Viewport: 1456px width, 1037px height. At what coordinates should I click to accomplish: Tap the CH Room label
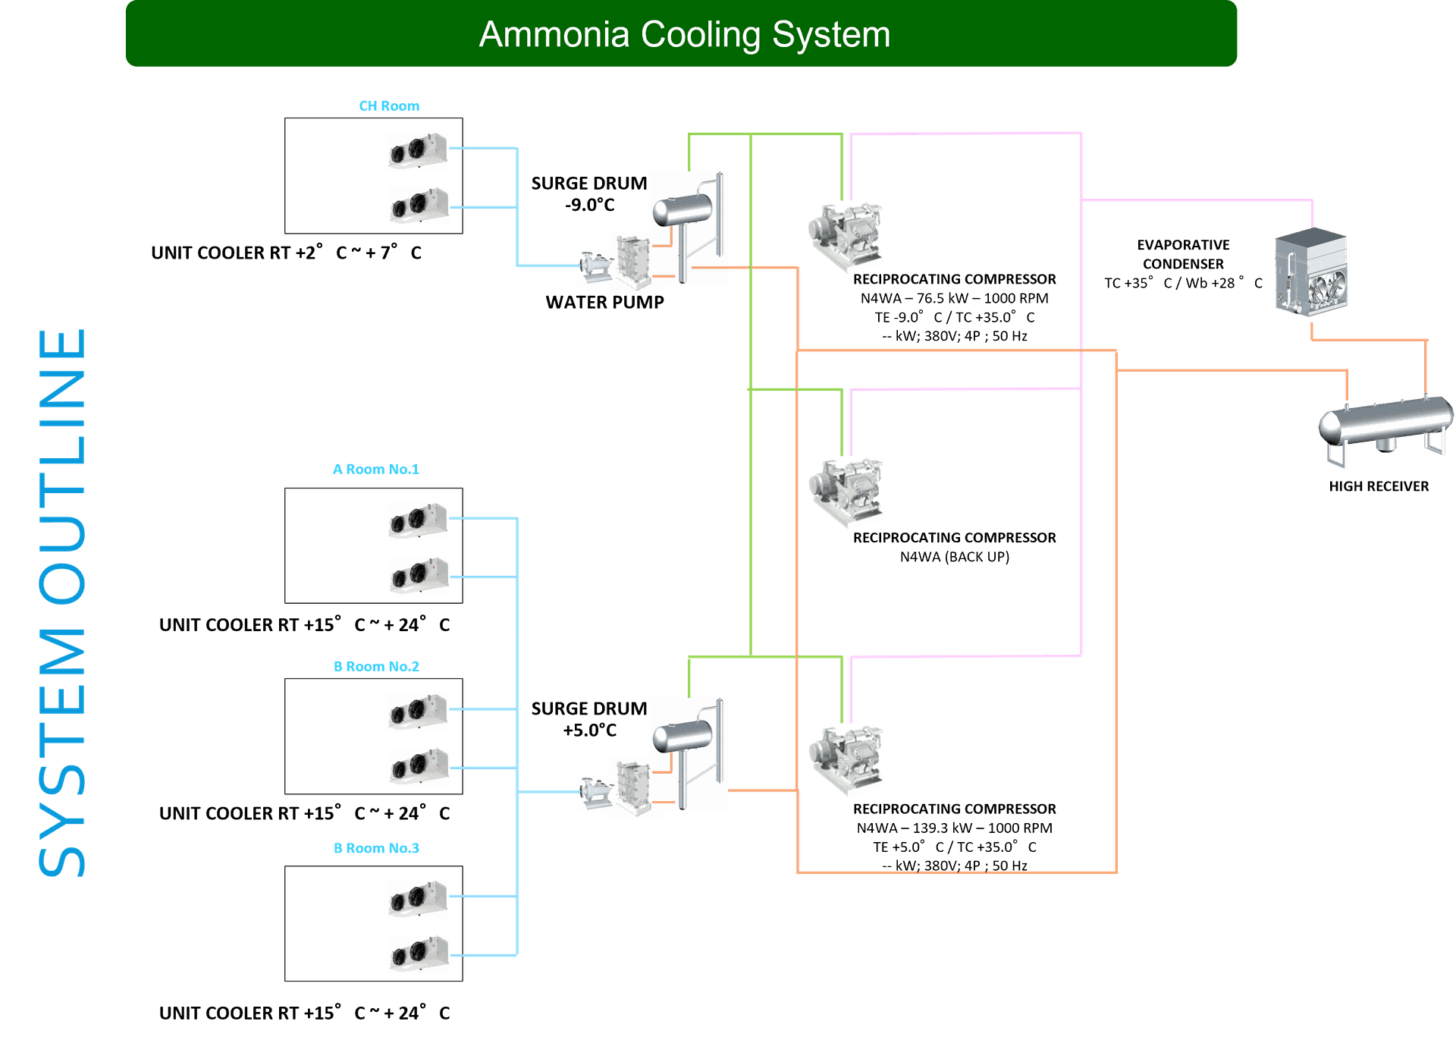389,105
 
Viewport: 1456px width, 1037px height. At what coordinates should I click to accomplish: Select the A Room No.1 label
376,470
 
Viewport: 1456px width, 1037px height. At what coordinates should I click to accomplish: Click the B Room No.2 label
376,667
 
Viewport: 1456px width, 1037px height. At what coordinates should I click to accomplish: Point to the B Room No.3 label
376,848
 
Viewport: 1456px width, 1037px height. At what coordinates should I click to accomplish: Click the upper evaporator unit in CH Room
417,151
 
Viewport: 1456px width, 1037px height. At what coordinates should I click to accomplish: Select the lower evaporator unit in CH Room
419,206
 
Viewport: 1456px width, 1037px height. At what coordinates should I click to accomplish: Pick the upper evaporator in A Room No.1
417,521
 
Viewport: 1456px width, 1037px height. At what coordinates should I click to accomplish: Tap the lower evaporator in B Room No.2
419,766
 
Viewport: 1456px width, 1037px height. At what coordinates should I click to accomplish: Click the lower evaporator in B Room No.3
419,954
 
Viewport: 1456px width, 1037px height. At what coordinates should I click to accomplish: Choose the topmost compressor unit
846,237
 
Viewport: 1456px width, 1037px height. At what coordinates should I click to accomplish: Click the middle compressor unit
846,492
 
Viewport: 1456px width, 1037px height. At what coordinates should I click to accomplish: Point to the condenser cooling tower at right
1310,273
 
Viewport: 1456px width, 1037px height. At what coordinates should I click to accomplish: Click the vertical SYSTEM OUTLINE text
62,603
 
